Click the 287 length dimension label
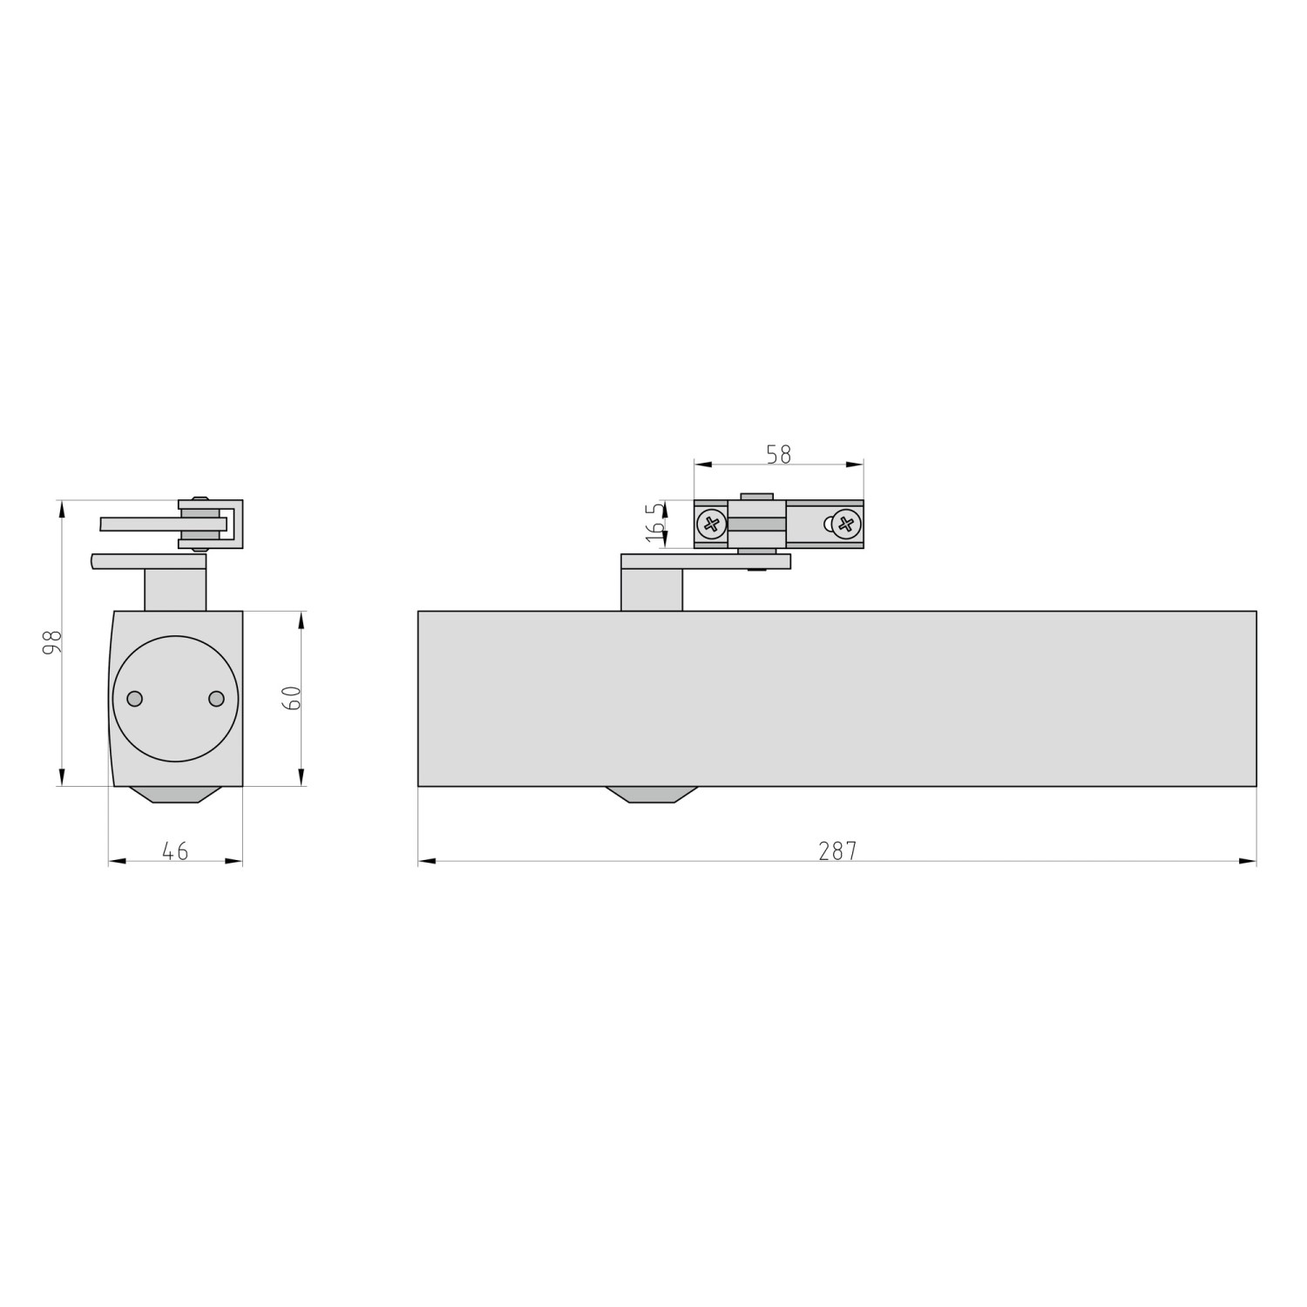(837, 850)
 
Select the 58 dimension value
(778, 454)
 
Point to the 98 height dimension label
(53, 642)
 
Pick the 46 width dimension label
(175, 850)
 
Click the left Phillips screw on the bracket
(712, 524)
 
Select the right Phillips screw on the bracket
(845, 524)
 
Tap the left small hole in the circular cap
(134, 699)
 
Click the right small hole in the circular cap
(216, 699)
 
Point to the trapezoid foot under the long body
(652, 794)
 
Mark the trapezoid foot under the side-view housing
(175, 794)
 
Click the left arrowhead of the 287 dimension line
(426, 862)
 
